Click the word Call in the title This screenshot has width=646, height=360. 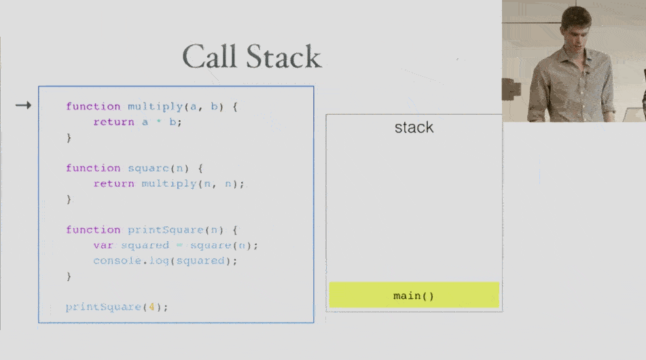click(x=211, y=56)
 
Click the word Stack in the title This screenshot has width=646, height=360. click(x=283, y=56)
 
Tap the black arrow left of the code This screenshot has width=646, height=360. click(x=24, y=105)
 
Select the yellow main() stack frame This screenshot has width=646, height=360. click(x=414, y=295)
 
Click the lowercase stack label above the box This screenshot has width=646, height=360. click(x=414, y=127)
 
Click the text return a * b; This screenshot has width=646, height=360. click(x=138, y=122)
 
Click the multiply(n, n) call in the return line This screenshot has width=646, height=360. click(x=192, y=184)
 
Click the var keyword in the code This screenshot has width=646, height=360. click(x=103, y=245)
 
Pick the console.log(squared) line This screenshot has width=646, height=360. click(x=166, y=261)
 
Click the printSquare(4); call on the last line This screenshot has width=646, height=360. click(x=116, y=307)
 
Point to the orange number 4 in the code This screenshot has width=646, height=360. click(x=154, y=307)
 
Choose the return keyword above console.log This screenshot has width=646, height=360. click(x=114, y=184)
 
